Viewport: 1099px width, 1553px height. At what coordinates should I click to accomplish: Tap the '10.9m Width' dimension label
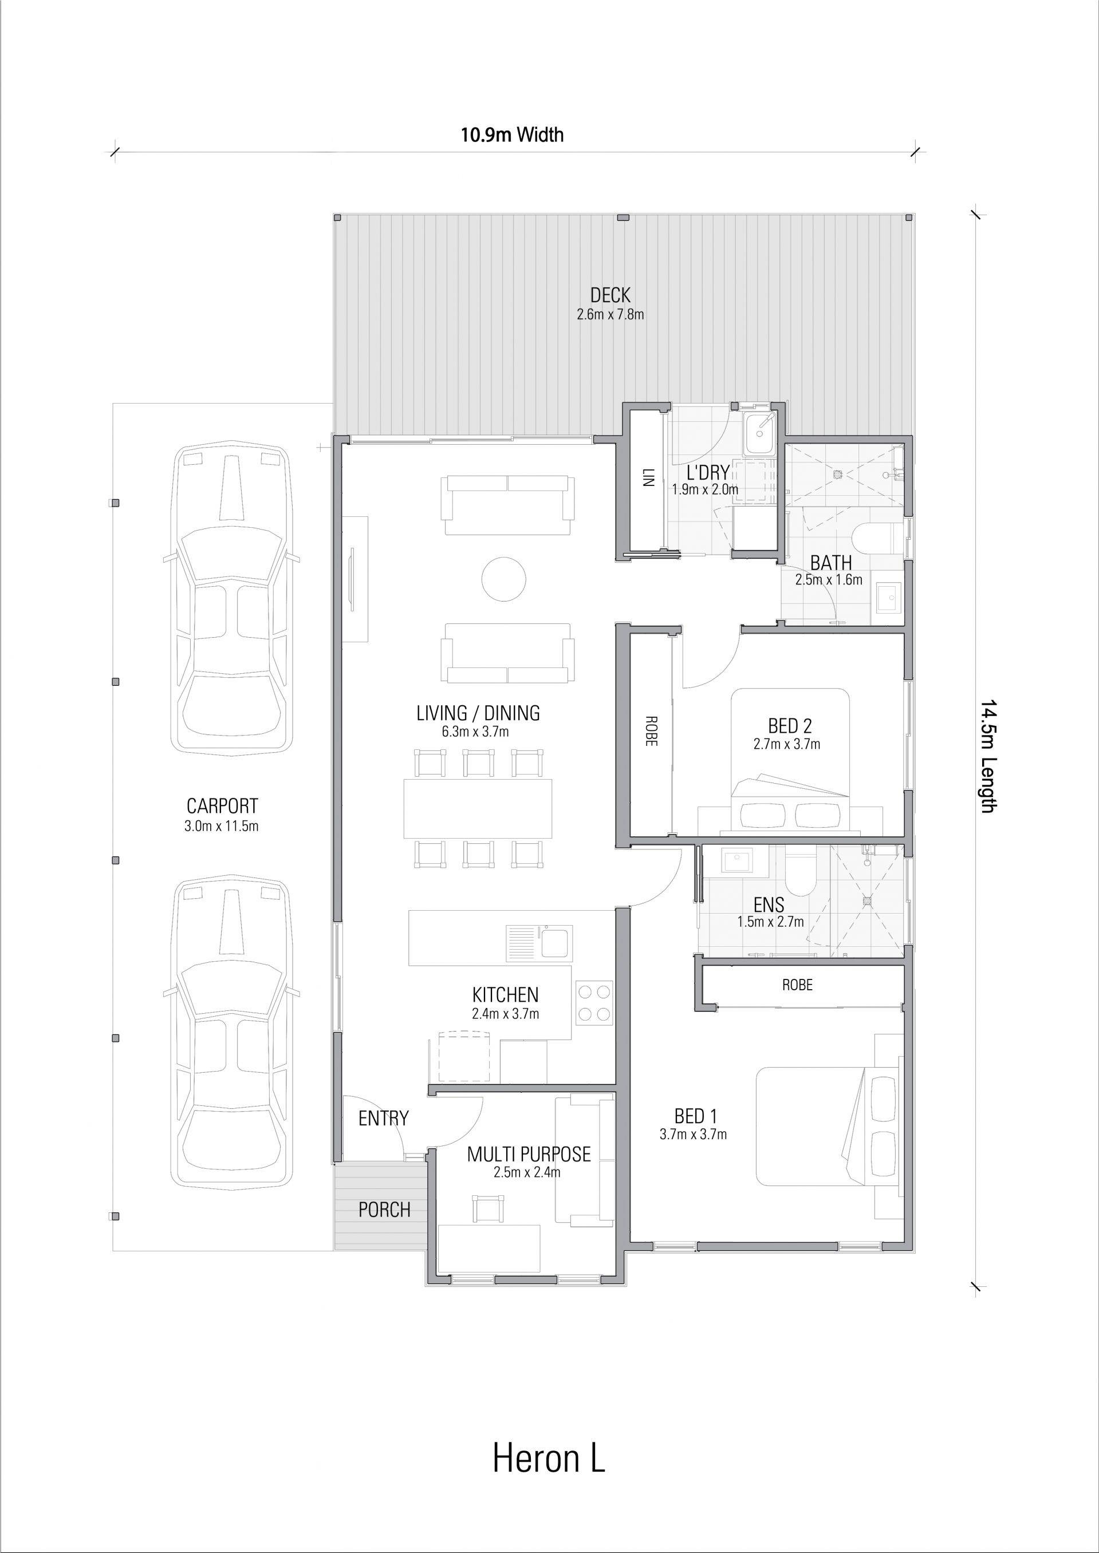tap(513, 135)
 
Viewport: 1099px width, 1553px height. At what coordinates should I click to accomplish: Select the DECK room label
tap(610, 295)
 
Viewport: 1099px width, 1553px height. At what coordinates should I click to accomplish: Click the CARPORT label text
tap(222, 806)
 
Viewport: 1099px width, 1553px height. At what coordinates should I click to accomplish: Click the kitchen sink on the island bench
tap(539, 942)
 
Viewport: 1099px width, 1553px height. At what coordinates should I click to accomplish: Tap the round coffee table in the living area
tap(504, 578)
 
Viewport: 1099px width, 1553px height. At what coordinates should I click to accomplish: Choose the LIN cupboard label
tap(648, 477)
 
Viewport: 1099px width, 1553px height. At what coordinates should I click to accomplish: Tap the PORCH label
tap(384, 1210)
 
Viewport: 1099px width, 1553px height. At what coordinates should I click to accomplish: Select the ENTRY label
tap(384, 1119)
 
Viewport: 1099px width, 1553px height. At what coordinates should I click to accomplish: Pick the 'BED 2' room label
tap(790, 726)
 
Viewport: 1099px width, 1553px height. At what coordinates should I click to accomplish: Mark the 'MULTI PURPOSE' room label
tap(529, 1154)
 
